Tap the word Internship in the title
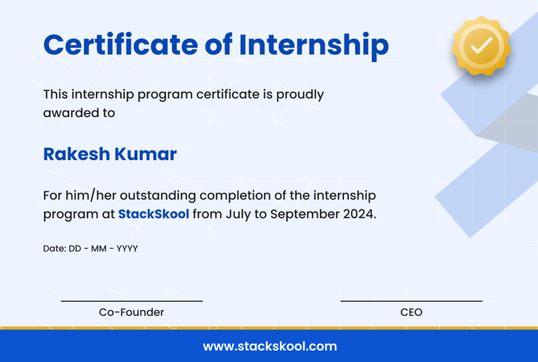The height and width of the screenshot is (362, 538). click(x=314, y=45)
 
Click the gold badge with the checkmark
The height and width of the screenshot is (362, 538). click(x=481, y=45)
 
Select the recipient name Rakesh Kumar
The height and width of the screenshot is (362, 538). click(x=110, y=154)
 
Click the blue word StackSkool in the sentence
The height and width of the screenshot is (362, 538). click(x=153, y=214)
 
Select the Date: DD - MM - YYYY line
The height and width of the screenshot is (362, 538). click(x=90, y=249)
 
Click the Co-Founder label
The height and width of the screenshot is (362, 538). click(x=131, y=312)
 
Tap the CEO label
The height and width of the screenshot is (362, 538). click(x=411, y=312)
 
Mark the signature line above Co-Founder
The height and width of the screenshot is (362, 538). click(x=131, y=301)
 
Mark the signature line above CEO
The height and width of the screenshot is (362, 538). click(x=411, y=301)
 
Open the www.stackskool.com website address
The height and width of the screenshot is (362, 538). click(x=270, y=347)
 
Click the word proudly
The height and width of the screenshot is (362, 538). click(x=300, y=95)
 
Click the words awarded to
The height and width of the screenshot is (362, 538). click(x=79, y=112)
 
